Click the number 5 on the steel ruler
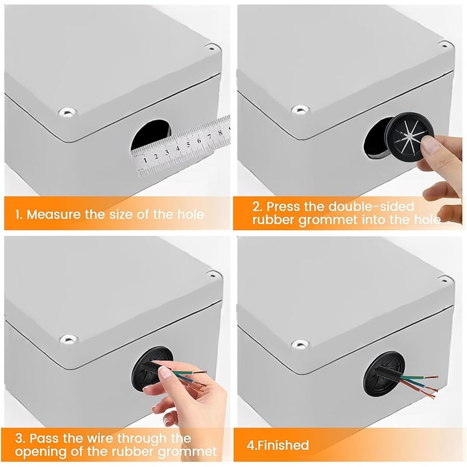point(188,144)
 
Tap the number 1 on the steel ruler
point(145,159)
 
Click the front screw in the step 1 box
point(68,113)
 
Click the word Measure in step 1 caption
point(53,214)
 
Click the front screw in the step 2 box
point(300,109)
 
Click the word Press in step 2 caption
point(284,207)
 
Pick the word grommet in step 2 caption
point(328,220)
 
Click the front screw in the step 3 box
point(68,339)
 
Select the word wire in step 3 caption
point(100,438)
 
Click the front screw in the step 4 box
point(301,344)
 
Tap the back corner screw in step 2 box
point(444,46)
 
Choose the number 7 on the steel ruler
point(210,137)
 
